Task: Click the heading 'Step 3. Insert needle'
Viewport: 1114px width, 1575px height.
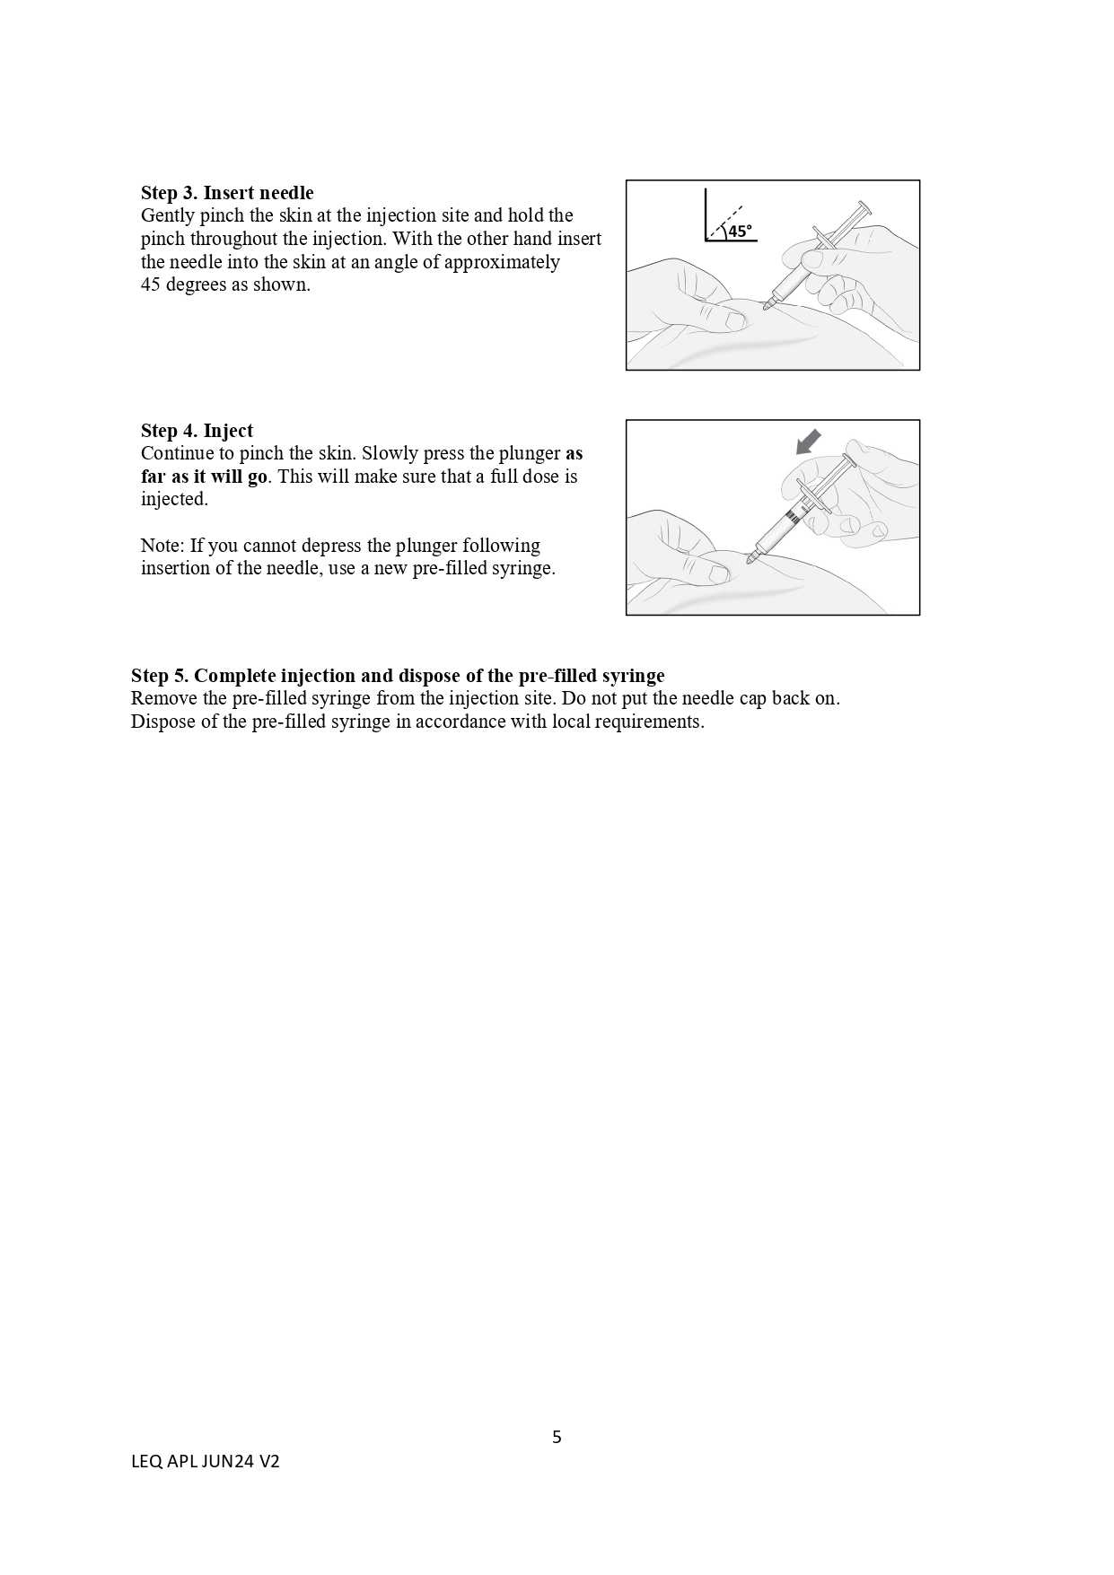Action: [227, 193]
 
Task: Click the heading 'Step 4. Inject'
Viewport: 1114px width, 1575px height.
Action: [197, 431]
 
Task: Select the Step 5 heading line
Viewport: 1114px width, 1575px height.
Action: [398, 676]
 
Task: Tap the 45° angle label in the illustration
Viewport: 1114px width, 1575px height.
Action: [740, 232]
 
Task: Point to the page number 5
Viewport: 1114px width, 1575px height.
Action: [557, 1437]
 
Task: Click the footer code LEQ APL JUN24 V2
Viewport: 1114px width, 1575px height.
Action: [206, 1462]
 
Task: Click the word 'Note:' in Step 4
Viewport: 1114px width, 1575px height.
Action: [162, 546]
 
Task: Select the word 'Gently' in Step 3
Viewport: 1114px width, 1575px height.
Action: [167, 216]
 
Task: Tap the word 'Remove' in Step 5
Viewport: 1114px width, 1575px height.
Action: [162, 698]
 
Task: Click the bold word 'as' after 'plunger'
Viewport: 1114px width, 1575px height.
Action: [574, 453]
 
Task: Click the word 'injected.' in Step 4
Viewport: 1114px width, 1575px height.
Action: [174, 499]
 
